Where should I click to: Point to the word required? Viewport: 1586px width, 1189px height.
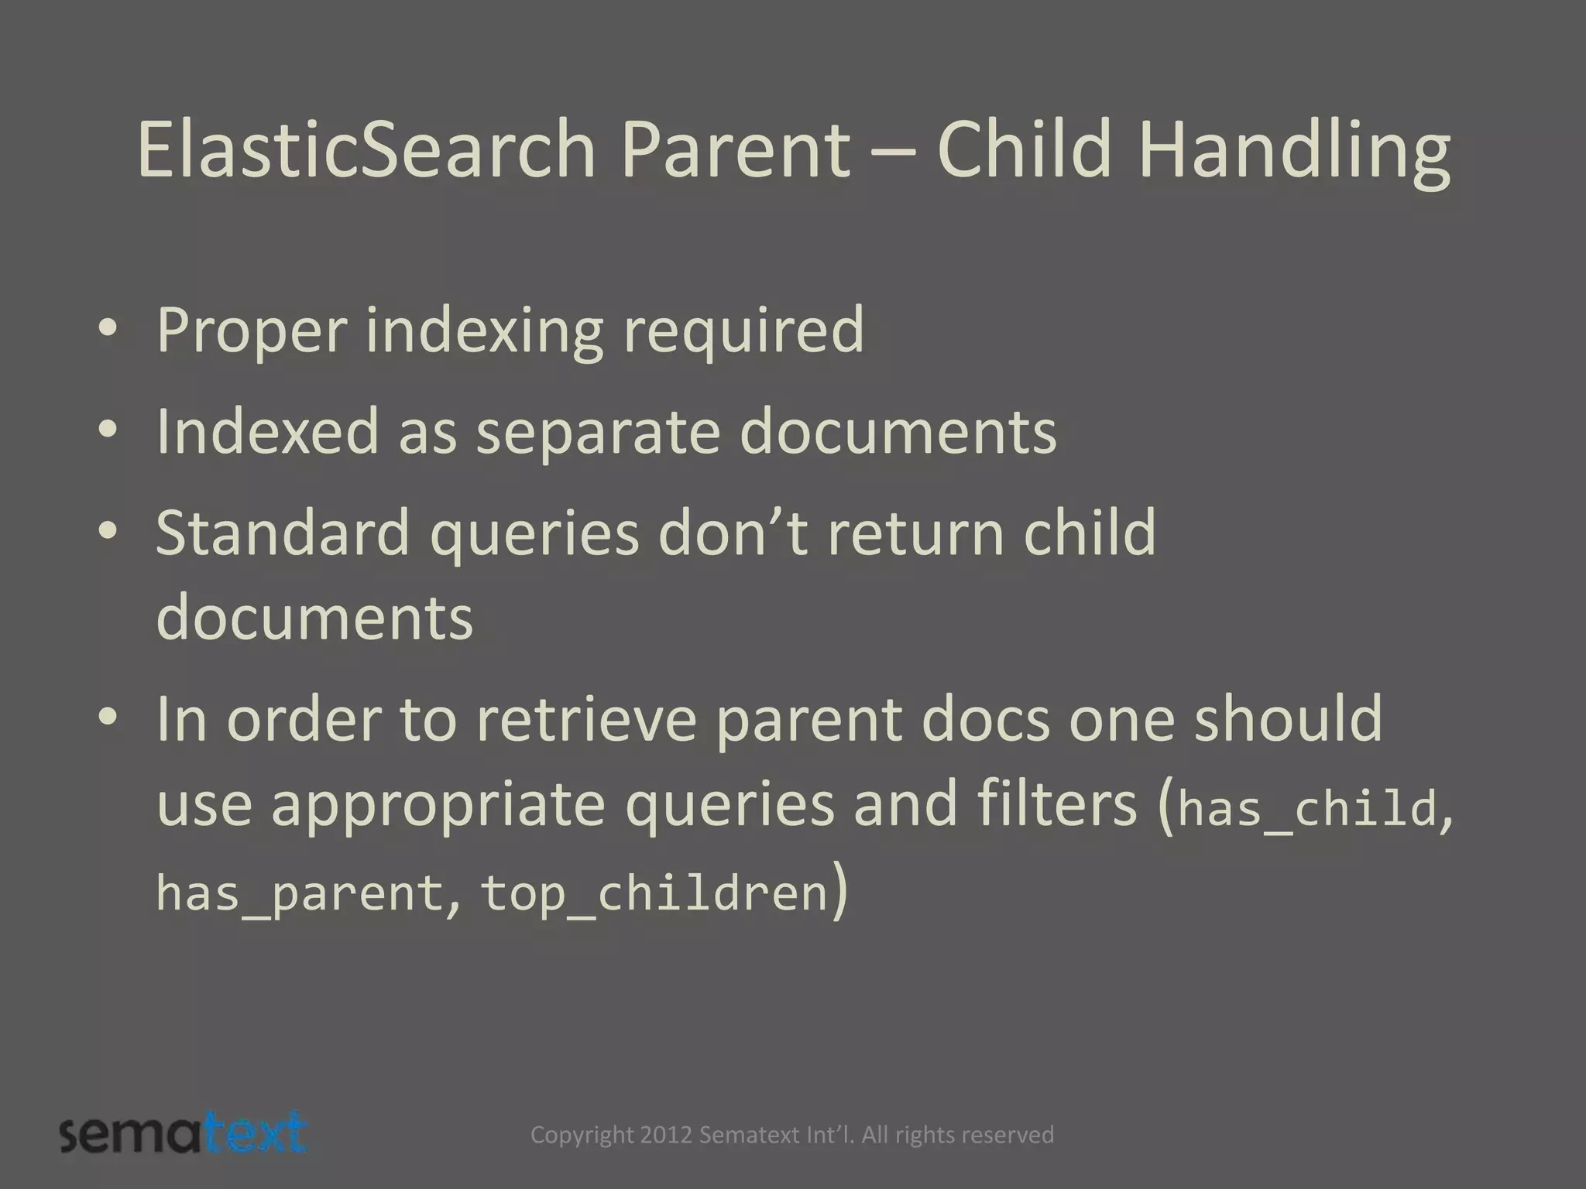coord(743,331)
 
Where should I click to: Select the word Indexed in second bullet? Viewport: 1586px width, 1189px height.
coord(267,432)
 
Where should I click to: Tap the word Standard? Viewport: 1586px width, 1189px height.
coord(282,533)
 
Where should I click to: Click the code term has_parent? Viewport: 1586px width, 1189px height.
coord(299,893)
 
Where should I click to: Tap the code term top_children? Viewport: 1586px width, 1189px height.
coord(654,893)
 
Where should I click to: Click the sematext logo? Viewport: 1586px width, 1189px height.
coord(184,1134)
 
